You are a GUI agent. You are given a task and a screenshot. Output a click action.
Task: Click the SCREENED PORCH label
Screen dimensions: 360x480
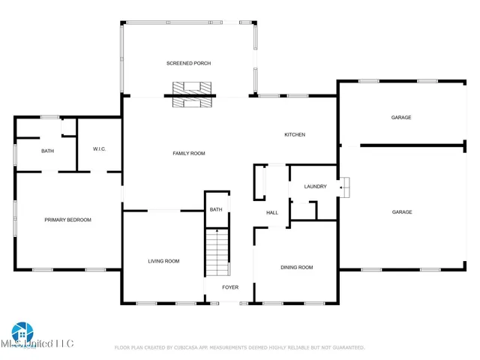(x=188, y=64)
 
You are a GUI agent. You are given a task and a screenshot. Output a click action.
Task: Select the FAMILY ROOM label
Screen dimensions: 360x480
(x=188, y=154)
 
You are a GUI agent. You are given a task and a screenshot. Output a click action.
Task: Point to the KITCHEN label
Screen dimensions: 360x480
(x=294, y=135)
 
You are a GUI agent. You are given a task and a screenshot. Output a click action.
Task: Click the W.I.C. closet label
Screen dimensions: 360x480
(x=99, y=149)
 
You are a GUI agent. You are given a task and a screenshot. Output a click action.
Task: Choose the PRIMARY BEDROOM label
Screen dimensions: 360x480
(x=67, y=220)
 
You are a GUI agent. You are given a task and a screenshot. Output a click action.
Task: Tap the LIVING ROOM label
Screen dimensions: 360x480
(x=163, y=261)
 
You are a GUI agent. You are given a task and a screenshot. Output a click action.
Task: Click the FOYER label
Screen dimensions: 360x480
(x=229, y=287)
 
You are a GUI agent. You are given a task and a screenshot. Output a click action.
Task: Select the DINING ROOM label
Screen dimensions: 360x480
(x=296, y=268)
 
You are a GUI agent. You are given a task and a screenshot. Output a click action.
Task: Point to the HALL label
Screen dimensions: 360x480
(x=272, y=213)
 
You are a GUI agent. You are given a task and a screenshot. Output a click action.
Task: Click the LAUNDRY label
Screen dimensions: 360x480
(x=315, y=187)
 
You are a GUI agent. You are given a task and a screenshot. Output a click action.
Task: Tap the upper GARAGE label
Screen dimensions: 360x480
(x=400, y=118)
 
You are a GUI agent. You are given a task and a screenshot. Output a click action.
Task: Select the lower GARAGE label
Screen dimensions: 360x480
(x=401, y=212)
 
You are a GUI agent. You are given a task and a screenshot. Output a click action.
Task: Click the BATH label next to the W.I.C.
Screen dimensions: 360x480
(x=47, y=151)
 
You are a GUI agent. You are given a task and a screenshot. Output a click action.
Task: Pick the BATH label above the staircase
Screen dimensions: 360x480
(x=216, y=210)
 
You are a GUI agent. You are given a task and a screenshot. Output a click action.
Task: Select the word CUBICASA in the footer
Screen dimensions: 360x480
(x=193, y=348)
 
